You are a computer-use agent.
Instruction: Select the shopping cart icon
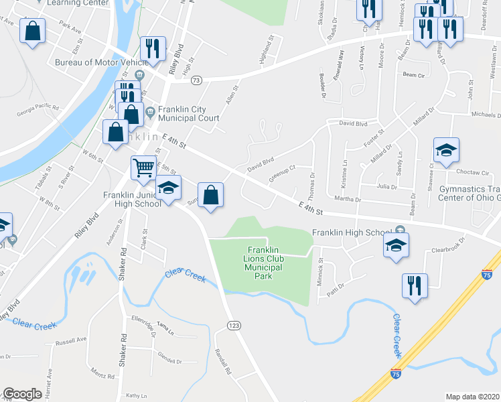coord(142,167)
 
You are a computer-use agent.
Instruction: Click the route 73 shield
coord(196,80)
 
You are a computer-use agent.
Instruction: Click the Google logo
coord(21,394)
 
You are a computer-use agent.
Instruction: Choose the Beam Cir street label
coord(415,74)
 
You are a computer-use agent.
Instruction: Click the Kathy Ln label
coord(135,395)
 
